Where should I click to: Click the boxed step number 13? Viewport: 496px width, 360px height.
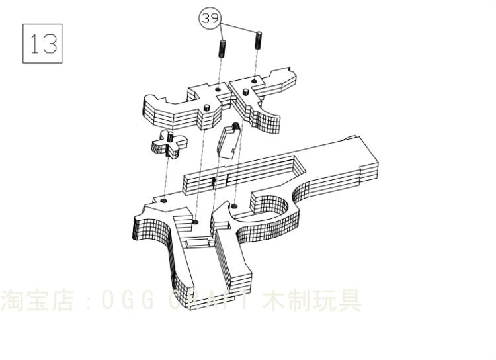click(x=42, y=43)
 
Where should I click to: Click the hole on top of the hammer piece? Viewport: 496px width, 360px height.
click(x=218, y=87)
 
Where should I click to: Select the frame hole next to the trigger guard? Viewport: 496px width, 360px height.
click(x=235, y=207)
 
